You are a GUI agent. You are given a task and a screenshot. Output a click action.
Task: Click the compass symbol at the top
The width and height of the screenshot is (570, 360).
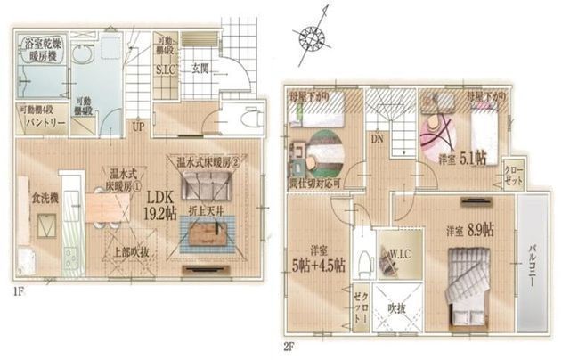click(313, 37)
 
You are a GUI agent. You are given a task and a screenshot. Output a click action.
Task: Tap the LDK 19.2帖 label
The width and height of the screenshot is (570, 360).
click(160, 204)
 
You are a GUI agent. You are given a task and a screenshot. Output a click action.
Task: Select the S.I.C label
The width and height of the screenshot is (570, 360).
click(165, 69)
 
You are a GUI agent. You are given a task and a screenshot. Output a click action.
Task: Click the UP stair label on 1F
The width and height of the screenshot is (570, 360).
click(138, 127)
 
